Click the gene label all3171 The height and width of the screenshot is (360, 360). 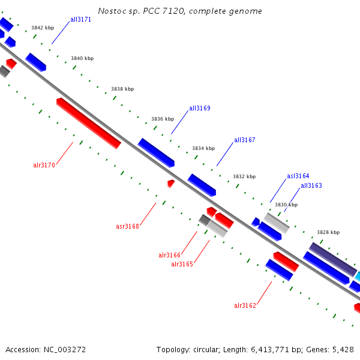click(x=80, y=19)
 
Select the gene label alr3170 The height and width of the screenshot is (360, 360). click(x=44, y=165)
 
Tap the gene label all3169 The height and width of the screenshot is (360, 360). click(x=199, y=109)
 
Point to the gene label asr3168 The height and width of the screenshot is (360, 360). click(x=127, y=226)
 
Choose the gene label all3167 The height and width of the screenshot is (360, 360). click(x=244, y=140)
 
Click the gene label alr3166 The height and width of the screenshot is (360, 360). click(x=169, y=255)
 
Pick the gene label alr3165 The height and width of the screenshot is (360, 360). click(x=182, y=264)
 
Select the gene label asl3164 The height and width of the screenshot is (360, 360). click(x=298, y=176)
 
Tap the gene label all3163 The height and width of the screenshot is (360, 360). click(x=311, y=185)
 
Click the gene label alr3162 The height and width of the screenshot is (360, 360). click(x=245, y=305)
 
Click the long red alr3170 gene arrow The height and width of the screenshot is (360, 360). click(x=89, y=123)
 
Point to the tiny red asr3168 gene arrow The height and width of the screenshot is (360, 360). click(x=171, y=183)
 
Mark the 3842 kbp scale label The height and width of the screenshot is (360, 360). click(x=43, y=28)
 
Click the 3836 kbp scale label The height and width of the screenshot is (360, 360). click(x=163, y=119)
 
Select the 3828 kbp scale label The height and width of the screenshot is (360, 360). click(x=328, y=232)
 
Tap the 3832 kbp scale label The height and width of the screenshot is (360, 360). click(x=244, y=176)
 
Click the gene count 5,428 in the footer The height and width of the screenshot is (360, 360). click(x=343, y=349)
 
